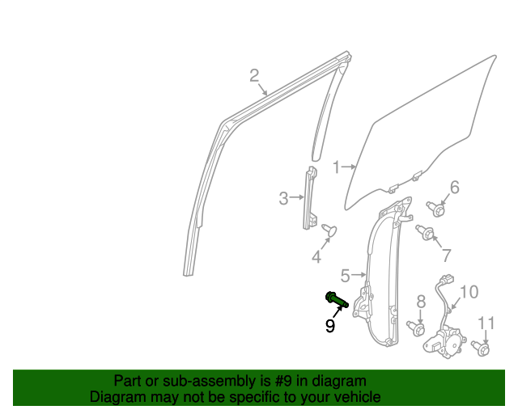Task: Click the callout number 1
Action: [x=335, y=167]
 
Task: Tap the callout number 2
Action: [x=254, y=76]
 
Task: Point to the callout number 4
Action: [x=316, y=257]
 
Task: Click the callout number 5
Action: [x=344, y=275]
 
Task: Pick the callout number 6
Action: [x=454, y=188]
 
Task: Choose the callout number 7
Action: [x=446, y=256]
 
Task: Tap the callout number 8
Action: [x=421, y=302]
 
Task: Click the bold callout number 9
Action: [x=330, y=326]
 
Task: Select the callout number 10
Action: [x=469, y=292]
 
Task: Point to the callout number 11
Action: [x=486, y=324]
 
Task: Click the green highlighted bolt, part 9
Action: [x=337, y=299]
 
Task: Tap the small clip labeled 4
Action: [x=329, y=231]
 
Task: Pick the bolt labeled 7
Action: [x=426, y=234]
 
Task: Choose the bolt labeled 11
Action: [x=482, y=349]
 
